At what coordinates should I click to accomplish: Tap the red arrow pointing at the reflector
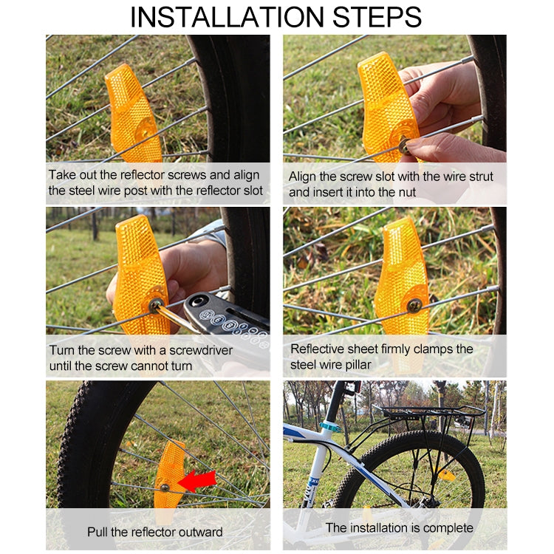pyautogui.click(x=197, y=481)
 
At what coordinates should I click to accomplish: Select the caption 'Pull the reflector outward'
pyautogui.click(x=154, y=532)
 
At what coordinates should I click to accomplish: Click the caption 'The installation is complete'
pyautogui.click(x=399, y=528)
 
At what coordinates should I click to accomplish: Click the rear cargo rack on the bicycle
pyautogui.click(x=428, y=414)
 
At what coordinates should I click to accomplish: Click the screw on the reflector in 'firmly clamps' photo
pyautogui.click(x=415, y=303)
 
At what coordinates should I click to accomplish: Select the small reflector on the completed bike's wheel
pyautogui.click(x=447, y=474)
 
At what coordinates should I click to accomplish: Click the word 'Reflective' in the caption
pyautogui.click(x=318, y=349)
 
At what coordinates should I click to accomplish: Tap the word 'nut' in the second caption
pyautogui.click(x=406, y=193)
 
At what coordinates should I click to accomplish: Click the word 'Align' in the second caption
pyautogui.click(x=302, y=176)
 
